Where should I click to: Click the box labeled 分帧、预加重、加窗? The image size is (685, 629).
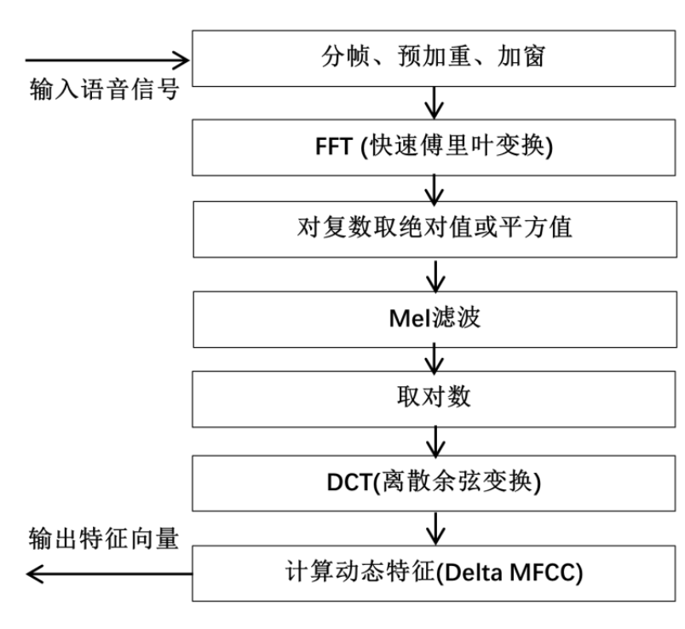tap(435, 61)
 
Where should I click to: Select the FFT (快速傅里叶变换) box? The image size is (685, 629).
tap(435, 147)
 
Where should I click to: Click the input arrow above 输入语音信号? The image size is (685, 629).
tap(106, 61)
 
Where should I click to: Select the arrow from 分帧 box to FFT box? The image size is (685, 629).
tap(436, 104)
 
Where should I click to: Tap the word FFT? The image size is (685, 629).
tap(337, 147)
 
